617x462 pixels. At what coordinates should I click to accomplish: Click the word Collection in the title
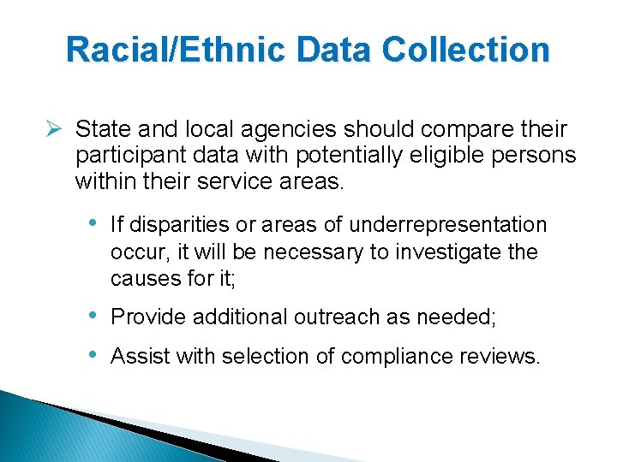pos(466,50)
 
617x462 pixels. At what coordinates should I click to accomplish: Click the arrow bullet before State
pos(55,129)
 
